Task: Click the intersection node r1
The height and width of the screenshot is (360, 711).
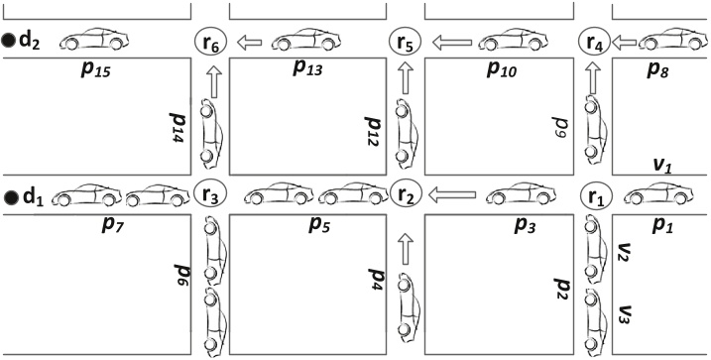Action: point(597,196)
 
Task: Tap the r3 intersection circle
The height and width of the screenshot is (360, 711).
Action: point(209,194)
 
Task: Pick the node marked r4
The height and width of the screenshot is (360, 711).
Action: point(594,43)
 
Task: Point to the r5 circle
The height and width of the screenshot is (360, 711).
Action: point(406,43)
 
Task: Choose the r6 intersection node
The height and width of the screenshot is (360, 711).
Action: point(210,43)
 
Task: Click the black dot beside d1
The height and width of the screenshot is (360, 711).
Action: point(10,197)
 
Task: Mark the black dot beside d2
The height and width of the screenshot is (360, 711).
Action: point(7,41)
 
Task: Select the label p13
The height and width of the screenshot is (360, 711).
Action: point(307,67)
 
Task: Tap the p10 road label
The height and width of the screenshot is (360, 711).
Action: point(502,68)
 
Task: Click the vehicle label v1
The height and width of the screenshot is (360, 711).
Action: point(661,165)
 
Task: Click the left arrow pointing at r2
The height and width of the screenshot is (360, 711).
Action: point(451,195)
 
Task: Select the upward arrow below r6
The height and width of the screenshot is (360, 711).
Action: point(214,81)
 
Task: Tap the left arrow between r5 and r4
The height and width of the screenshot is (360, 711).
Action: point(452,43)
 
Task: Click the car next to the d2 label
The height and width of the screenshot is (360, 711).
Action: point(94,39)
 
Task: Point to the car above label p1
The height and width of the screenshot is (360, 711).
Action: point(657,193)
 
